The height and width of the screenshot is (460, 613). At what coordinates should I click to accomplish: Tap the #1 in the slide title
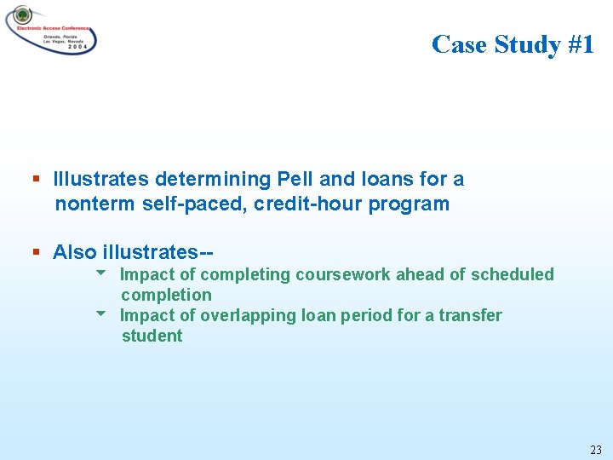(x=578, y=44)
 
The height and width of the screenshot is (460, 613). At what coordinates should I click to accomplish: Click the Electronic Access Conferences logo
(x=51, y=30)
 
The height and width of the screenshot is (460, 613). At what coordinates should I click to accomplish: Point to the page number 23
(x=595, y=450)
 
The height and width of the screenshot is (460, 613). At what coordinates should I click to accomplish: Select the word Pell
(x=295, y=180)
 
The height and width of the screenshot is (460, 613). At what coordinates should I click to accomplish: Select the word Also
(x=75, y=252)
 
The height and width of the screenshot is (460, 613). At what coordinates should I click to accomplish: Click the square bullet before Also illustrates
(x=36, y=252)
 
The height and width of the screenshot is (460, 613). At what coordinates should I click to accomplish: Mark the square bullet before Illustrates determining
(x=36, y=180)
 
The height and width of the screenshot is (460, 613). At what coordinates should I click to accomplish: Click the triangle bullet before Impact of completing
(x=101, y=273)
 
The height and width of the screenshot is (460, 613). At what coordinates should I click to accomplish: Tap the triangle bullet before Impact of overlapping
(x=101, y=314)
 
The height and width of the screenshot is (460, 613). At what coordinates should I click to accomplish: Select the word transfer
(x=470, y=315)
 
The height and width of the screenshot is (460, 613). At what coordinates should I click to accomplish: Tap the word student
(x=152, y=336)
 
